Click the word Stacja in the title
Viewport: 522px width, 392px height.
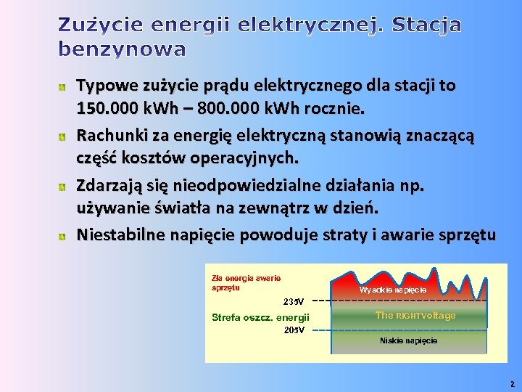click(x=426, y=25)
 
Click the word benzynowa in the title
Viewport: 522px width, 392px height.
click(x=122, y=49)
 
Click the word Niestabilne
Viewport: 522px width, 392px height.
click(x=120, y=234)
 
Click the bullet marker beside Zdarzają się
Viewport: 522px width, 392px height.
click(x=63, y=187)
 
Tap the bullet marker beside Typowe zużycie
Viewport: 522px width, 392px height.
click(x=63, y=87)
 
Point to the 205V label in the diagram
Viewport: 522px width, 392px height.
click(x=294, y=329)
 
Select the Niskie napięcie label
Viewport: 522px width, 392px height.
click(x=408, y=340)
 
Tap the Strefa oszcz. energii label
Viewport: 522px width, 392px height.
click(x=260, y=317)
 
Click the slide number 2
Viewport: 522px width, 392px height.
click(x=512, y=384)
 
